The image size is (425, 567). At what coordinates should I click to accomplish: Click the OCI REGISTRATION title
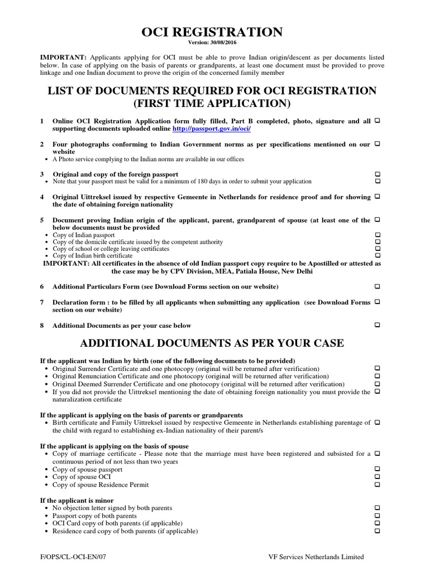click(212, 32)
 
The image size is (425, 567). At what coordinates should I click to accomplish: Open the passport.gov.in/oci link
click(211, 128)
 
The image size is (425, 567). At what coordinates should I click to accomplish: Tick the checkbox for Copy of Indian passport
click(377, 235)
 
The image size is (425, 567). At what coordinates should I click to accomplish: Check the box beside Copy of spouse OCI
click(377, 477)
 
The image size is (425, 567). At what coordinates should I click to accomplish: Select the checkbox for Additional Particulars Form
click(377, 286)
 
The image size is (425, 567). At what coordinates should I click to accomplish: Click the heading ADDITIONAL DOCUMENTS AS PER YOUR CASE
click(212, 343)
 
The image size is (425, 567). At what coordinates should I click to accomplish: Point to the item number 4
click(42, 197)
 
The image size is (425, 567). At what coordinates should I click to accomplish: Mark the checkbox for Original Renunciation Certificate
click(377, 377)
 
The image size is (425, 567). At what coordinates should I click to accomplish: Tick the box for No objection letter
click(377, 508)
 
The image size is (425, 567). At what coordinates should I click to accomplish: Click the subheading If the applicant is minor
click(77, 500)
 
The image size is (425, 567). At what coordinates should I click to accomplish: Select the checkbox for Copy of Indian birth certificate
click(377, 256)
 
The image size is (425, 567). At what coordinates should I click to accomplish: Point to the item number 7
click(42, 302)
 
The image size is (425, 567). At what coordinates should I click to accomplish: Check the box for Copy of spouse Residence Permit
click(377, 484)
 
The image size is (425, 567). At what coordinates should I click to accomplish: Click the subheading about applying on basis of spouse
click(115, 446)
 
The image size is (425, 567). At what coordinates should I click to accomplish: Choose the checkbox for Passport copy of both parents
click(377, 516)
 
